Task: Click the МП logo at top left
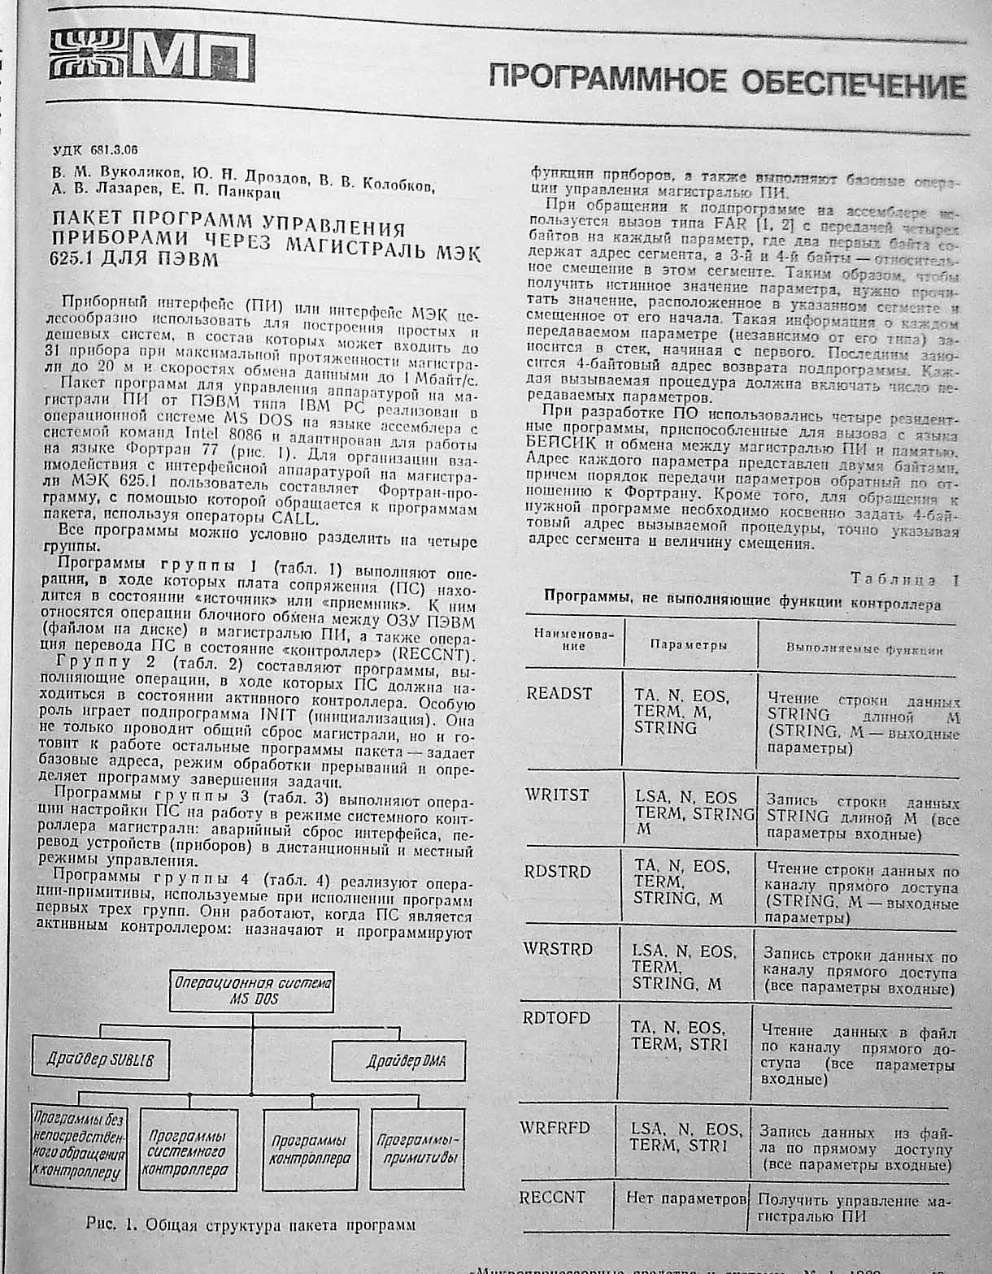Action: pos(150,55)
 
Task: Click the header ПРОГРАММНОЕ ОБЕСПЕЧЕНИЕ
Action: pos(727,82)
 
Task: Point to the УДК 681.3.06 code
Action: pos(95,149)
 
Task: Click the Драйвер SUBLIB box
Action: pos(100,1059)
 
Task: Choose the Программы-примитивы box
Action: pos(417,1149)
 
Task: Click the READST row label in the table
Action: pos(559,694)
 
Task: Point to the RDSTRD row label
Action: pos(557,872)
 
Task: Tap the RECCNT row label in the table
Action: pos(552,1197)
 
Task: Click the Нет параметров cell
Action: pos(685,1198)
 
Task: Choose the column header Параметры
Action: pos(688,644)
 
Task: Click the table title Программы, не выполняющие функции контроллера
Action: pos(742,603)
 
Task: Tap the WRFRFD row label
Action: pos(555,1128)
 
